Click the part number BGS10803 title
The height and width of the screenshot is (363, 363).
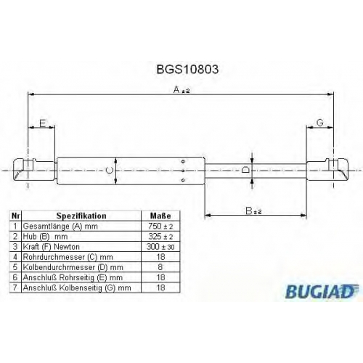click(x=187, y=69)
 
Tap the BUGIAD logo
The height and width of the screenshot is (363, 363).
click(x=322, y=291)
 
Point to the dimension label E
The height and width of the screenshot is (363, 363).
click(x=43, y=123)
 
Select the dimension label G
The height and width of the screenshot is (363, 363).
click(x=319, y=123)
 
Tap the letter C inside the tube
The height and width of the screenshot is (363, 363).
click(x=110, y=171)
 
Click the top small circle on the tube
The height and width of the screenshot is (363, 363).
click(x=183, y=161)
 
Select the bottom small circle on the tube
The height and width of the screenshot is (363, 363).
click(x=183, y=180)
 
